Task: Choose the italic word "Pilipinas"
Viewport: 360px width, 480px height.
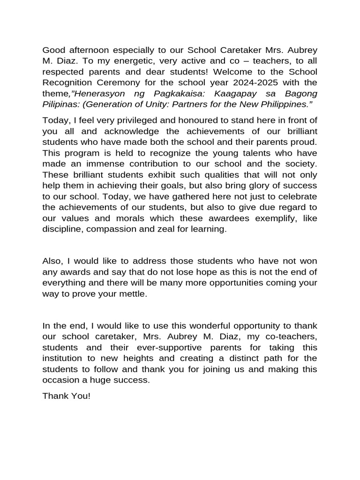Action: pyautogui.click(x=58, y=104)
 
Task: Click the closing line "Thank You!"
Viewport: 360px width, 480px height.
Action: pyautogui.click(x=66, y=396)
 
